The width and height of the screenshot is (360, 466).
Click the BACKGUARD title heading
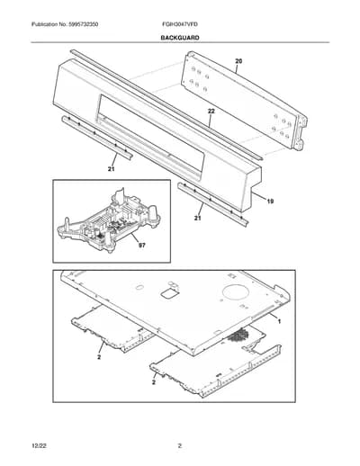click(x=180, y=38)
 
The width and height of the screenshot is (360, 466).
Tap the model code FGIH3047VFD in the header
click(x=178, y=24)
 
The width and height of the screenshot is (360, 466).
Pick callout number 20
click(x=238, y=61)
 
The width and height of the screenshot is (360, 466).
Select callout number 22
click(x=211, y=112)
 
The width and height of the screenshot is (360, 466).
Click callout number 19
click(x=270, y=202)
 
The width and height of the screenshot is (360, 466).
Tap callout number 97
click(x=141, y=246)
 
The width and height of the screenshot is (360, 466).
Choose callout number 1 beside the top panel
click(x=279, y=321)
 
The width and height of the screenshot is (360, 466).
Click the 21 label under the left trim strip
click(x=112, y=169)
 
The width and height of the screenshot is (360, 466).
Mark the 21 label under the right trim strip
click(x=197, y=219)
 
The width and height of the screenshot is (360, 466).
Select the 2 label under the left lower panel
click(x=99, y=357)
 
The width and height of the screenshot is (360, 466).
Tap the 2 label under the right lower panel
click(x=154, y=382)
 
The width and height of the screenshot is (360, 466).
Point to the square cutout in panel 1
click(x=170, y=293)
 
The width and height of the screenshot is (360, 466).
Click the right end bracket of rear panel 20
click(x=301, y=133)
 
